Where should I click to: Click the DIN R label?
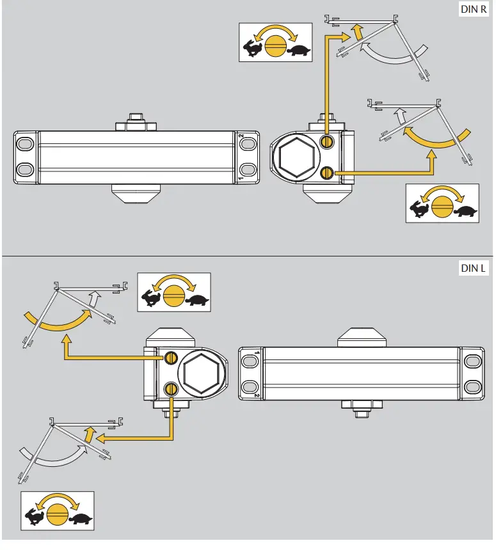[474, 10]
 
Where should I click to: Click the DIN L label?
[474, 269]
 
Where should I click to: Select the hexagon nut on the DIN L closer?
[201, 372]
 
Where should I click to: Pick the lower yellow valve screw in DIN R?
[327, 172]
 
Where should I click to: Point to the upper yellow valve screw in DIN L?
[170, 357]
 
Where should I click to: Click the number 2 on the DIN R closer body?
[241, 137]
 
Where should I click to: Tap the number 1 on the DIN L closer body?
[257, 352]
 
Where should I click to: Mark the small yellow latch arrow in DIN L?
[89, 435]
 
